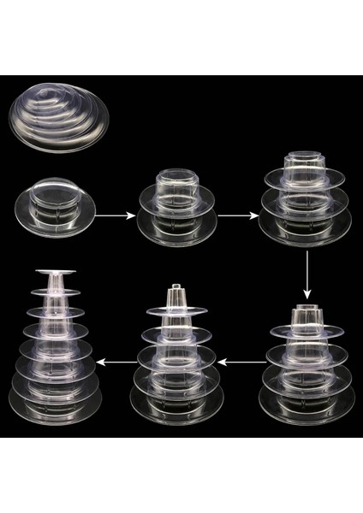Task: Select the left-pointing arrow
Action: coord(242,362)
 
